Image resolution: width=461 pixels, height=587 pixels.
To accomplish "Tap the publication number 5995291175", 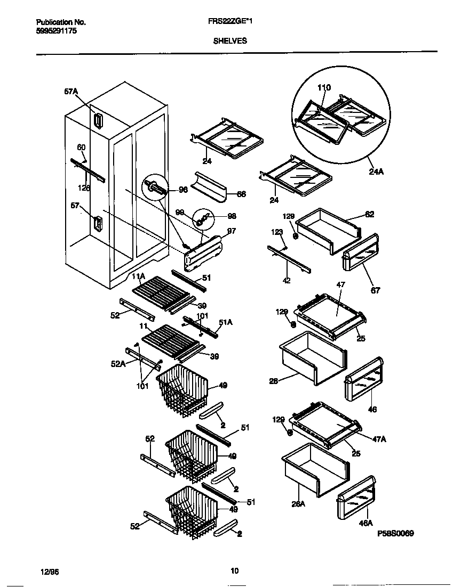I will coord(57,31).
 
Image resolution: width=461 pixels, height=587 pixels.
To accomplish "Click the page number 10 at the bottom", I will coord(234,571).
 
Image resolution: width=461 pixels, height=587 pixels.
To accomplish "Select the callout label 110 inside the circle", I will coord(324,88).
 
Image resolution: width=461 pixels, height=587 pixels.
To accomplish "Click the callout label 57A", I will coord(71,92).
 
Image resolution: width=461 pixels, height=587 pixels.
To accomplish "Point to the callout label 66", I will coord(241,194).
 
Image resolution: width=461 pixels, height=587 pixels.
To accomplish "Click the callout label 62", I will coord(369,214).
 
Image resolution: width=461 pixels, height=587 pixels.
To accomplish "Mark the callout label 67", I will coord(376,291).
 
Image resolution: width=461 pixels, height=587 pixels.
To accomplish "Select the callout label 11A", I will coord(139,276).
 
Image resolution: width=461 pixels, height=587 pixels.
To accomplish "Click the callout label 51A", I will coord(226,322).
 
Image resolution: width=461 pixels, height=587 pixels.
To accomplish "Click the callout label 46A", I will coord(365,524).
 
